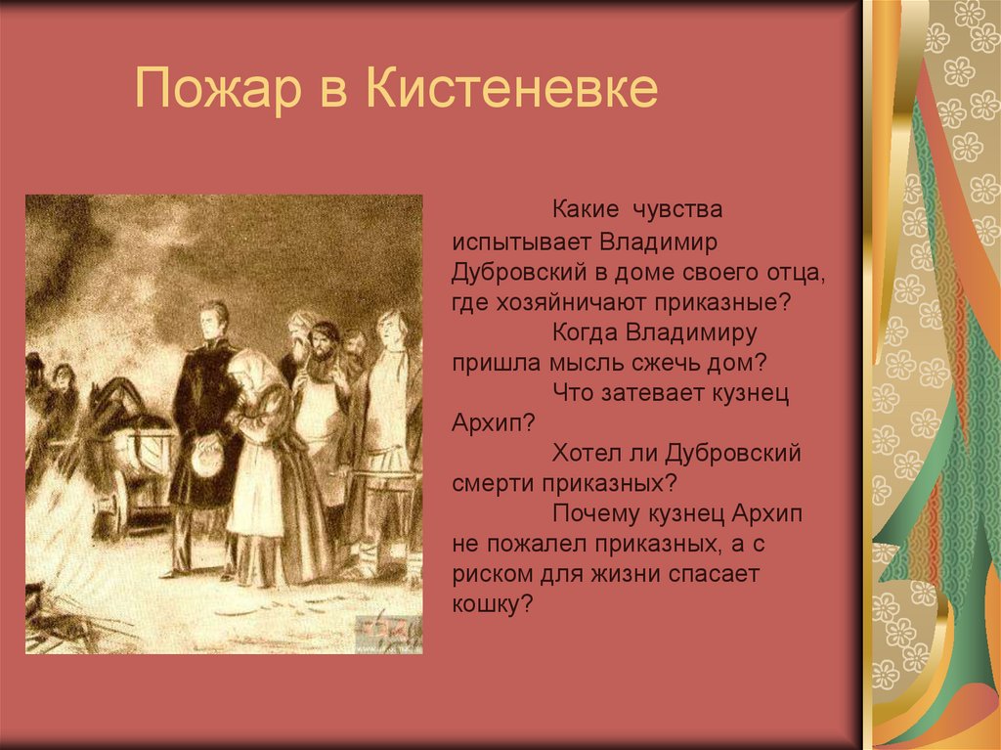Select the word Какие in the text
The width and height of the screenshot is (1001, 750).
[584, 209]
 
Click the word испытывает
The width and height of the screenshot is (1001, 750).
[521, 241]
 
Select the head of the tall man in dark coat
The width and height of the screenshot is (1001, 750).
[212, 321]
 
